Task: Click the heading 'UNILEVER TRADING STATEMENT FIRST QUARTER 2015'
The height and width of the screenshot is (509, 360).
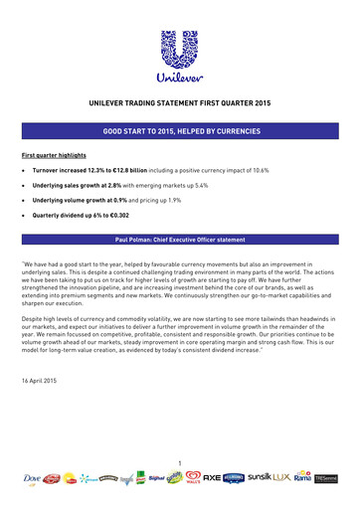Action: point(180,102)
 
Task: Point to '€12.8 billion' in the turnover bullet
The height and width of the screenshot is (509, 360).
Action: point(134,171)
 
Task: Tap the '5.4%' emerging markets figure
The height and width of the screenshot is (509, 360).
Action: point(221,185)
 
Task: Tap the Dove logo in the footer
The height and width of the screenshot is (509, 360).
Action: point(30,479)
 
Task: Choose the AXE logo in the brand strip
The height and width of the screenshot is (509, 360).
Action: point(207,478)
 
